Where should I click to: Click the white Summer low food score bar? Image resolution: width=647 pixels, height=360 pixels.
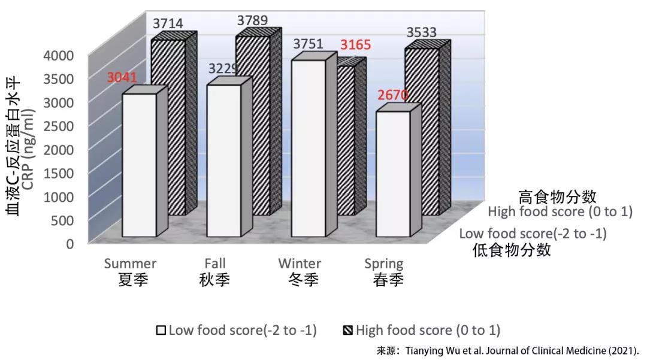pos(139,165)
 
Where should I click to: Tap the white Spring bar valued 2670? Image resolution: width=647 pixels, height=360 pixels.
pos(392,174)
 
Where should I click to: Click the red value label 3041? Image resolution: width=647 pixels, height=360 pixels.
pos(122,77)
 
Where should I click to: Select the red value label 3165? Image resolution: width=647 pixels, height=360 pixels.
pos(356,45)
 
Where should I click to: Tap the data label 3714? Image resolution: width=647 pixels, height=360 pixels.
pos(168,24)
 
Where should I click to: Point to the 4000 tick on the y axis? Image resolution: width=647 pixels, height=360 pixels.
pos(59,56)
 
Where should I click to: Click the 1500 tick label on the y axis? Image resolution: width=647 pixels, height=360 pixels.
pos(59,173)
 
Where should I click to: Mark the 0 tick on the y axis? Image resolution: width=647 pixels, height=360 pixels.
pos(69,243)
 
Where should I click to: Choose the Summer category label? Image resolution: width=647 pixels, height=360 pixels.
pos(130,264)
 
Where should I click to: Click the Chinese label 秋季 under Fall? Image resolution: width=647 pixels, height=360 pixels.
pos(214,280)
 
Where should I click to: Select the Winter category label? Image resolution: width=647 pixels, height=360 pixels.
pos(300,264)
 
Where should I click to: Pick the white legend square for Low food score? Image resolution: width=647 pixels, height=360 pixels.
pos(161,330)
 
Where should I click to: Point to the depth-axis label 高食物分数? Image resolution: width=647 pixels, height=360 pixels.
pos(557,196)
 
